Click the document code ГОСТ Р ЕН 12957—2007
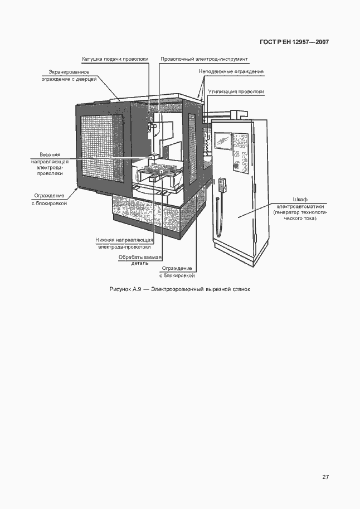coord(294,42)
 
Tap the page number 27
coord(325,477)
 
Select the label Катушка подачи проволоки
coord(115,59)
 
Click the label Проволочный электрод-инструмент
coord(204,59)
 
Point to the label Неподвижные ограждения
coord(231,71)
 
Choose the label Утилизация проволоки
coord(236,91)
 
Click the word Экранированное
coord(69,72)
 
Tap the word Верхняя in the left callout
coord(50,155)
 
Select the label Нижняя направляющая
coord(124,240)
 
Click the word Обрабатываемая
coord(140,258)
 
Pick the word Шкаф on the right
coord(300,200)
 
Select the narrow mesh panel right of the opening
coord(192,149)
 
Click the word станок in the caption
coord(241,289)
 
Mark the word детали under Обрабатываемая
coord(140,263)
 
